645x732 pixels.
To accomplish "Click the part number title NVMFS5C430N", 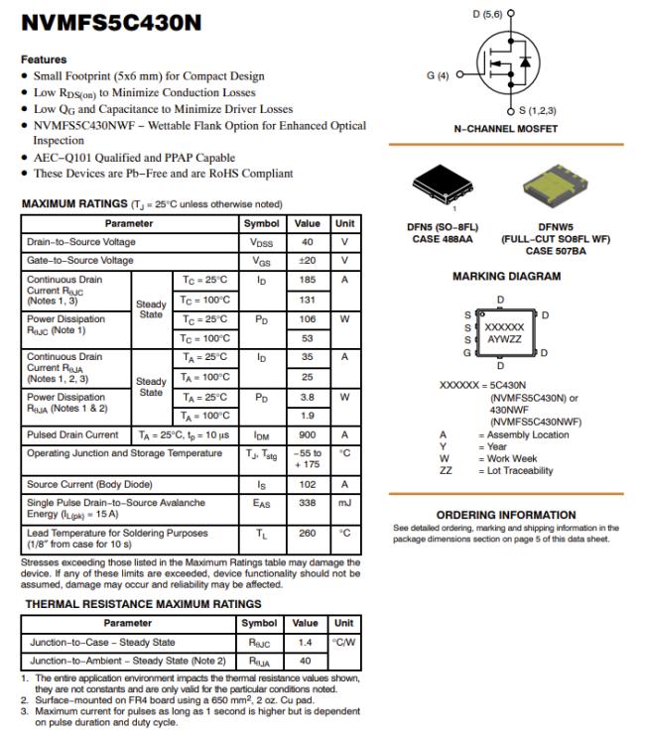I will pyautogui.click(x=110, y=22).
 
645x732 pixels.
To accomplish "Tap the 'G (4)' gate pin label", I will pyautogui.click(x=438, y=74).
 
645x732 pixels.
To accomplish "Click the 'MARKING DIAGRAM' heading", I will pyautogui.click(x=506, y=277).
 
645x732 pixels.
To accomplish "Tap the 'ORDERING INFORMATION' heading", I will pyautogui.click(x=505, y=515).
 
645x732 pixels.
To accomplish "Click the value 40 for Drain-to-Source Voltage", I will pyautogui.click(x=308, y=242).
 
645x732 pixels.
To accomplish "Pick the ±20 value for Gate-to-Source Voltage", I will pyautogui.click(x=308, y=261).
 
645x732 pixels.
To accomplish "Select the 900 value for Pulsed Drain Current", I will pyautogui.click(x=308, y=434).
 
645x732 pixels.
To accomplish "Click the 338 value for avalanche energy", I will pyautogui.click(x=308, y=504).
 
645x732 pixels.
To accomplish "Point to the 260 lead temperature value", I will pyautogui.click(x=308, y=533).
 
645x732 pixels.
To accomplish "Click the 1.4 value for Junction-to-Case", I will pyautogui.click(x=306, y=643).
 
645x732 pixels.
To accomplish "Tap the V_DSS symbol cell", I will pyautogui.click(x=261, y=242).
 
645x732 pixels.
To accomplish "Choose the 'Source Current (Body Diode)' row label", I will pyautogui.click(x=89, y=485).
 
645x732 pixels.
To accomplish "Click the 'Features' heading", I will pyautogui.click(x=44, y=60).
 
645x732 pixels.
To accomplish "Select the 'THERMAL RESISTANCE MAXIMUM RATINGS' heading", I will pyautogui.click(x=143, y=603).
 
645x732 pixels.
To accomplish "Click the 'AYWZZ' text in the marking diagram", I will pyautogui.click(x=503, y=339).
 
